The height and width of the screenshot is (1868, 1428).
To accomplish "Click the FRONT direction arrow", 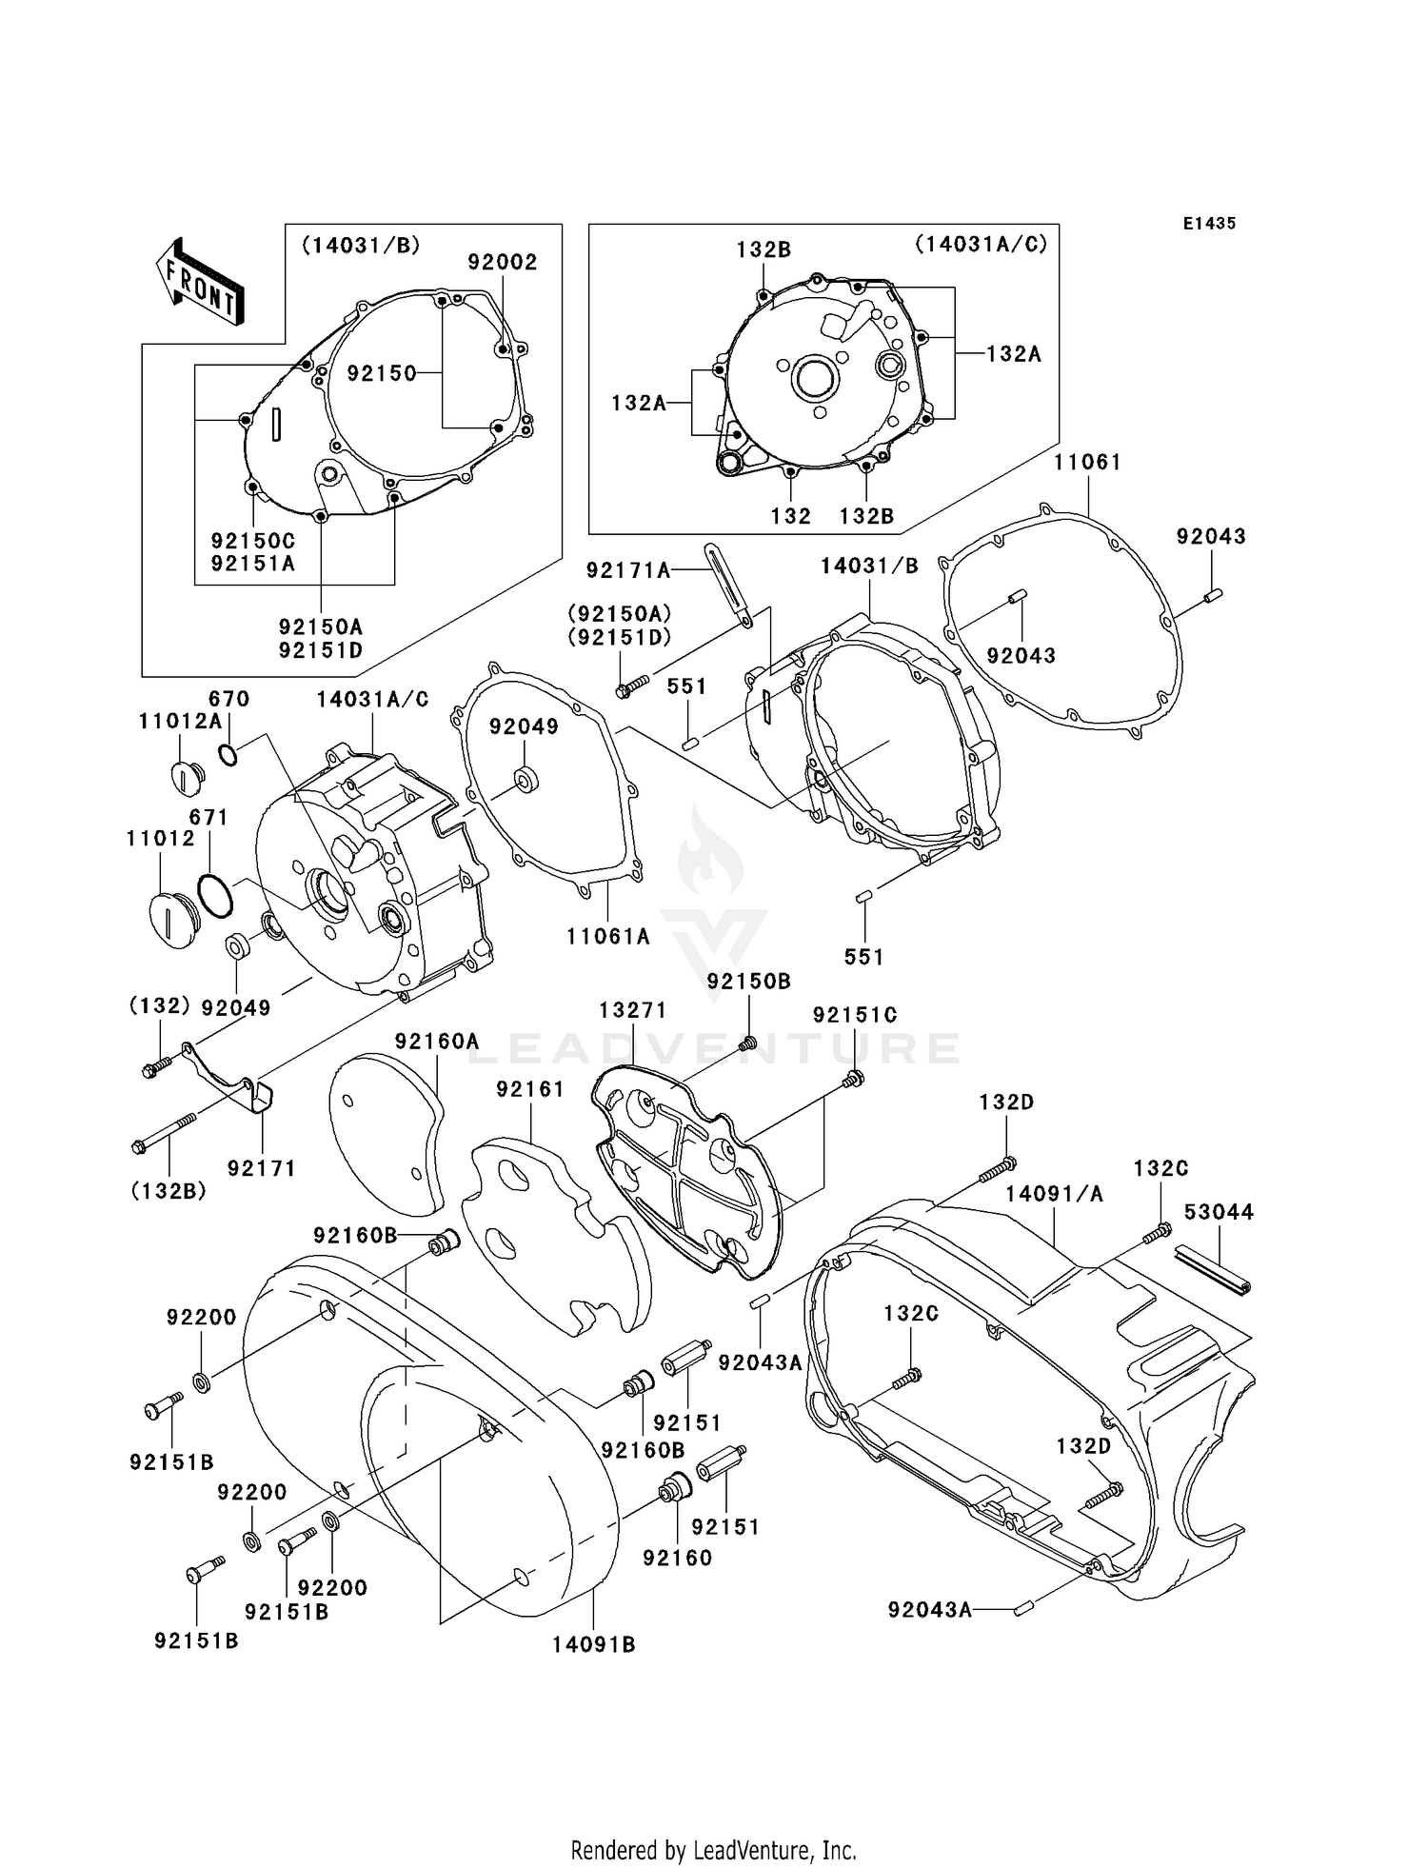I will click(201, 283).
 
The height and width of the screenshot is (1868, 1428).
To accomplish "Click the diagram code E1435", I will click(1209, 224).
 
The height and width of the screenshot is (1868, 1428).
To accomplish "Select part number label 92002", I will click(503, 262).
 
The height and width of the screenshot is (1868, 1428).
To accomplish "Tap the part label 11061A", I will click(607, 937).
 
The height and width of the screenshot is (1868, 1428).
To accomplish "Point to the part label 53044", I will click(1219, 1212).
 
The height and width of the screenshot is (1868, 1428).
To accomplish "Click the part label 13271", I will click(632, 1010).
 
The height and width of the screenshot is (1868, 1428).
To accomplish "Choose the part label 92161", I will click(530, 1089).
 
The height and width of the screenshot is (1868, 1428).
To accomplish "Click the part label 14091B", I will click(593, 1644).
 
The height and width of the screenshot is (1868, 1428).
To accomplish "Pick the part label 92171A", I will click(628, 570).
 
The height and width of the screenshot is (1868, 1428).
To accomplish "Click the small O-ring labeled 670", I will click(228, 755).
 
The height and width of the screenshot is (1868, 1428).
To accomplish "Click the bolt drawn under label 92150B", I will click(748, 1043).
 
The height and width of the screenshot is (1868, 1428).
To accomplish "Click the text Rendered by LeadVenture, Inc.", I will click(713, 1850).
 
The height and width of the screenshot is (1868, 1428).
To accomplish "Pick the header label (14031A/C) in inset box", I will click(981, 244).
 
